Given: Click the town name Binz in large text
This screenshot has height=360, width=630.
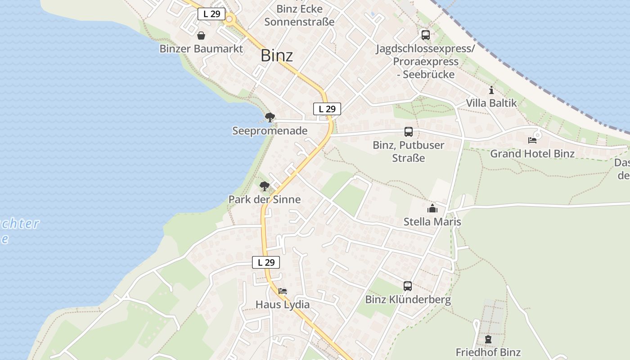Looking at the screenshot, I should (x=277, y=56).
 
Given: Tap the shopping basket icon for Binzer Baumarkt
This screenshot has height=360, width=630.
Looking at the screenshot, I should (x=201, y=35).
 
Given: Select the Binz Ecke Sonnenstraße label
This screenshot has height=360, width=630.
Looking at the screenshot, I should (x=299, y=15).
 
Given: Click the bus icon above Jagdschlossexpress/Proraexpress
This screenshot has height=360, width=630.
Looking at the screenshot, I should (x=425, y=35).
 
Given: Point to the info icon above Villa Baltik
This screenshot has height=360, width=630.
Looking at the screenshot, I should (x=491, y=90).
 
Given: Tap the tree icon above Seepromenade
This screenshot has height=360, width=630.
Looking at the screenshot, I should (x=270, y=118).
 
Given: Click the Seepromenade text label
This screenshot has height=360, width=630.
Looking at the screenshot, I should (x=270, y=131).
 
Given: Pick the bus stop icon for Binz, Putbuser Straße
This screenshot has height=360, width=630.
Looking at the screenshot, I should (x=409, y=132).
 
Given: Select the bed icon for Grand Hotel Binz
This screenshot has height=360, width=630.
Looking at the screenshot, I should (x=532, y=140).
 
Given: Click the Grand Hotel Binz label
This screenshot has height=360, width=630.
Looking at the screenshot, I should (x=532, y=153).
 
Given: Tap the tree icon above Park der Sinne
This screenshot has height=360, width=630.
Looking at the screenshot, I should (x=265, y=186).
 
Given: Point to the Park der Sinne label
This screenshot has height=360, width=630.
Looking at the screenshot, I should (x=265, y=199).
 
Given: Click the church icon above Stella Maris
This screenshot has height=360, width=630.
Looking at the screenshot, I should (x=432, y=208).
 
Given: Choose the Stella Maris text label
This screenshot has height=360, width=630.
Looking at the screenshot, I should (x=432, y=222).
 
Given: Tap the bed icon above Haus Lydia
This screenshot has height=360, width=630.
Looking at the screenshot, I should (x=283, y=291).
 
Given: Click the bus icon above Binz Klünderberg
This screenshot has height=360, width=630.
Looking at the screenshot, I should (x=408, y=286).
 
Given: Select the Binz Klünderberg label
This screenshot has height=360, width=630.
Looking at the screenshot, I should (x=408, y=300).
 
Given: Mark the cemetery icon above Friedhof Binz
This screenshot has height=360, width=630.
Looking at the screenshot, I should (x=488, y=339).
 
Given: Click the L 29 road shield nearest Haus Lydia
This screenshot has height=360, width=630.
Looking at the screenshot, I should (x=266, y=262).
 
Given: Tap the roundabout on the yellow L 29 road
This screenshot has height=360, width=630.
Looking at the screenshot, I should (x=230, y=19).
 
